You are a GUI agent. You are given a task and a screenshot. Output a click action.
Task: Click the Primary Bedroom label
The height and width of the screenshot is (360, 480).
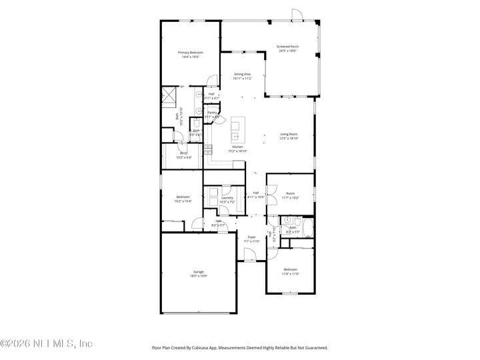tap(190, 53)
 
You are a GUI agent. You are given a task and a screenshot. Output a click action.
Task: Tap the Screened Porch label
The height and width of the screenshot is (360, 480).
tap(288, 47)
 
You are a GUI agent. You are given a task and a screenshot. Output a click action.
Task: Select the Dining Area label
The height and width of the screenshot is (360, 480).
tap(242, 74)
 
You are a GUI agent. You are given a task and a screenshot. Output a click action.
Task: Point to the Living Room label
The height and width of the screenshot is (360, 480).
tap(289, 134)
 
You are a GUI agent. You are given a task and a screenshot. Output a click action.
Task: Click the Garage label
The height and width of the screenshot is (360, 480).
tap(199, 271)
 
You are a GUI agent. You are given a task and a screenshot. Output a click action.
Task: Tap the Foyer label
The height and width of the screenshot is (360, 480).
tap(251, 237)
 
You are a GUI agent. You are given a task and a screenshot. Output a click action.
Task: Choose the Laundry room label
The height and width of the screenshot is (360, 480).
tap(227, 197)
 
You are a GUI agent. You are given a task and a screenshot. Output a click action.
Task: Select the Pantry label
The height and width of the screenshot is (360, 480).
tap(213, 113)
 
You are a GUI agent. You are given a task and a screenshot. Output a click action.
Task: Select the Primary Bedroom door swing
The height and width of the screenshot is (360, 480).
tap(211, 82)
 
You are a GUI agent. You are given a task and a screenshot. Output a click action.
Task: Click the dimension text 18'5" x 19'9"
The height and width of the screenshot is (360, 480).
tap(199, 275)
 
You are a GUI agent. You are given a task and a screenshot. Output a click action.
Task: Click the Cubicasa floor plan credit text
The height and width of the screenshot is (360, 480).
tap(240, 347)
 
